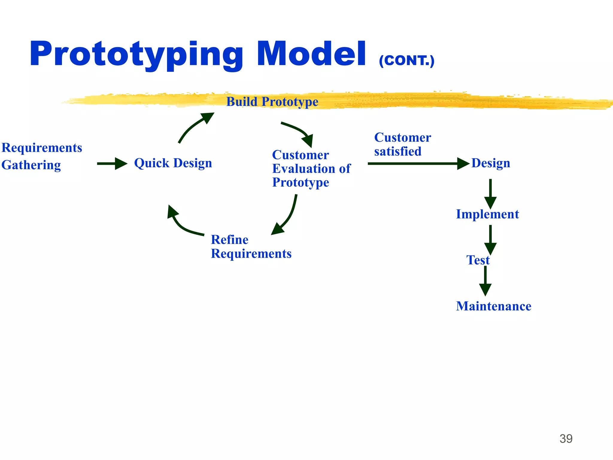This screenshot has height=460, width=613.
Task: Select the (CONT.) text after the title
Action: click(x=406, y=61)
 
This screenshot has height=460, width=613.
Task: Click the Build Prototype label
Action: click(x=272, y=102)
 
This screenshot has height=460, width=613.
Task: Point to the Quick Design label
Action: click(x=173, y=163)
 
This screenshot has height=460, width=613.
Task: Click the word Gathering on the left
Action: click(x=31, y=165)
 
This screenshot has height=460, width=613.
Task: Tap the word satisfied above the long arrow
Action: click(x=398, y=151)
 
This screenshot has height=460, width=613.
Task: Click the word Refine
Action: click(x=230, y=240)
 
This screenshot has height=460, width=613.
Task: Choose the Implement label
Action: click(x=487, y=214)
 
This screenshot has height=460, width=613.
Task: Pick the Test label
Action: click(x=478, y=260)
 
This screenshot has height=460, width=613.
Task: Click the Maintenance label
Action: click(x=494, y=306)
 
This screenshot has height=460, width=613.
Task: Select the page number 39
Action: click(x=566, y=439)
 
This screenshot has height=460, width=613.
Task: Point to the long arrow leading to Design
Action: click(x=418, y=164)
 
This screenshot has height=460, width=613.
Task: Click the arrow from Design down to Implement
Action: click(x=490, y=193)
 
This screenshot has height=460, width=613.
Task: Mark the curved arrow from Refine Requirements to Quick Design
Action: click(x=181, y=223)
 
